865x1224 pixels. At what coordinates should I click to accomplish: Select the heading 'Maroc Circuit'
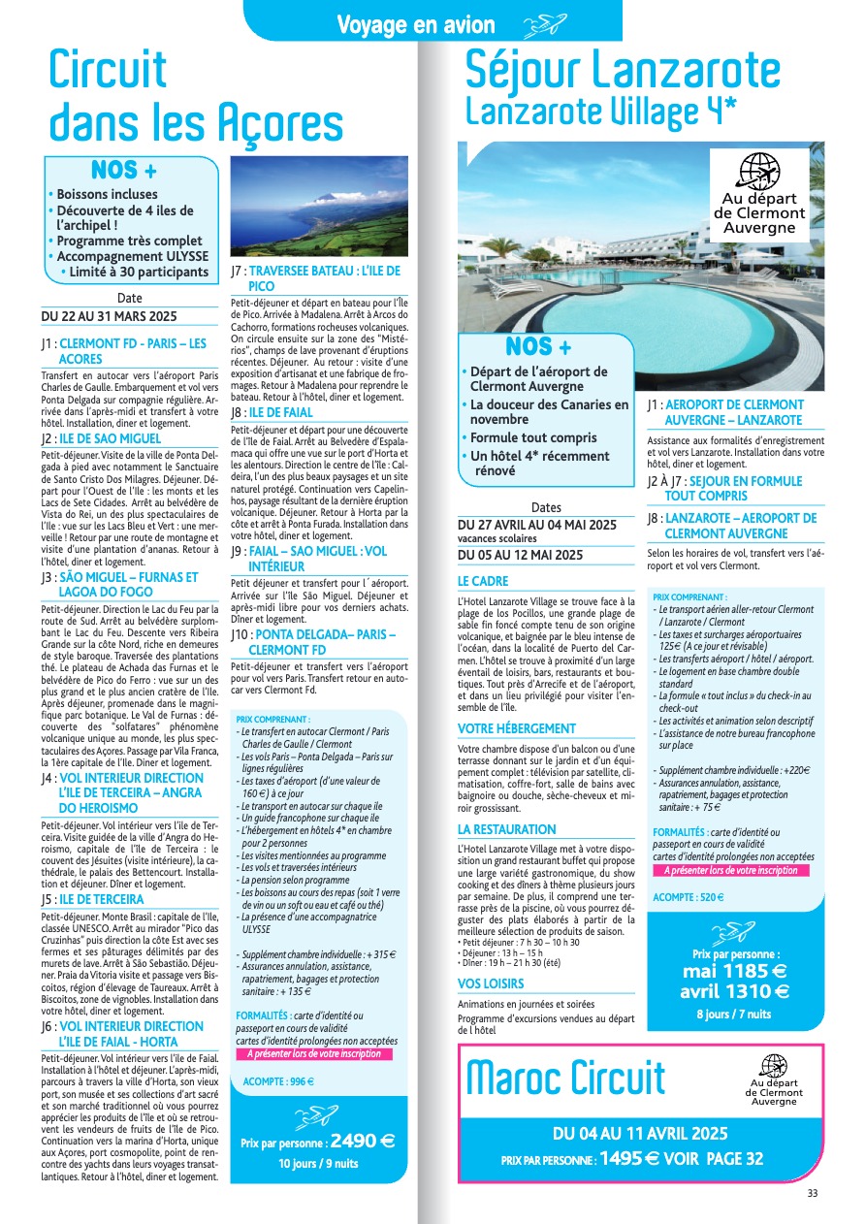[x=566, y=1078]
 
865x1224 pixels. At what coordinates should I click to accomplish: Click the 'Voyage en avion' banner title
[x=416, y=25]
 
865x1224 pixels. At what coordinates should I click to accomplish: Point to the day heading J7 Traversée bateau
[x=316, y=278]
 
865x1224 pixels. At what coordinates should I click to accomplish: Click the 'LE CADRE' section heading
[x=483, y=581]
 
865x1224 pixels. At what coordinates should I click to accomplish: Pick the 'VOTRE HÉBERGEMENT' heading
[x=517, y=728]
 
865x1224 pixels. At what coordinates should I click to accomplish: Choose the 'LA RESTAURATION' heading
[x=507, y=829]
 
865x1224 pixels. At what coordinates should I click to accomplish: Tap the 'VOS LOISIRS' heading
[x=491, y=983]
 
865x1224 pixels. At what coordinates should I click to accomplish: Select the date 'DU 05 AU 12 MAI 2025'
[x=520, y=555]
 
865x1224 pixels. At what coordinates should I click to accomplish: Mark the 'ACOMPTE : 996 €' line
[x=278, y=1081]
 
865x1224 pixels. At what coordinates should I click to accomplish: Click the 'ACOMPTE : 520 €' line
[x=688, y=897]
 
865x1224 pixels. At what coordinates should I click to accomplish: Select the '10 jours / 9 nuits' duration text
[x=318, y=1163]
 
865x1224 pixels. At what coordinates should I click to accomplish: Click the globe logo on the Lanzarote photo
[x=759, y=174]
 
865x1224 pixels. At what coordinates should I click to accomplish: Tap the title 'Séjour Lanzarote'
[x=622, y=70]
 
